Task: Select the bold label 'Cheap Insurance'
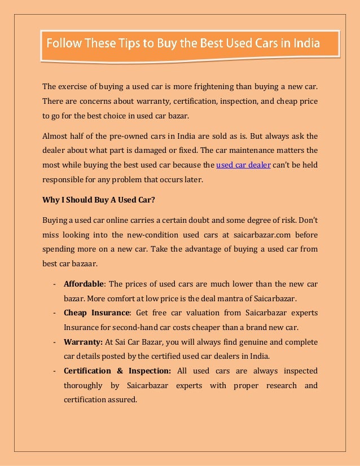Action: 96,312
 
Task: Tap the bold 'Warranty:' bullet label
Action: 82,341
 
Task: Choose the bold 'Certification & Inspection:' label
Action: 117,371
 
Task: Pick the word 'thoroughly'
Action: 83,385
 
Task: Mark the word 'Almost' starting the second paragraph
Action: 56,137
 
